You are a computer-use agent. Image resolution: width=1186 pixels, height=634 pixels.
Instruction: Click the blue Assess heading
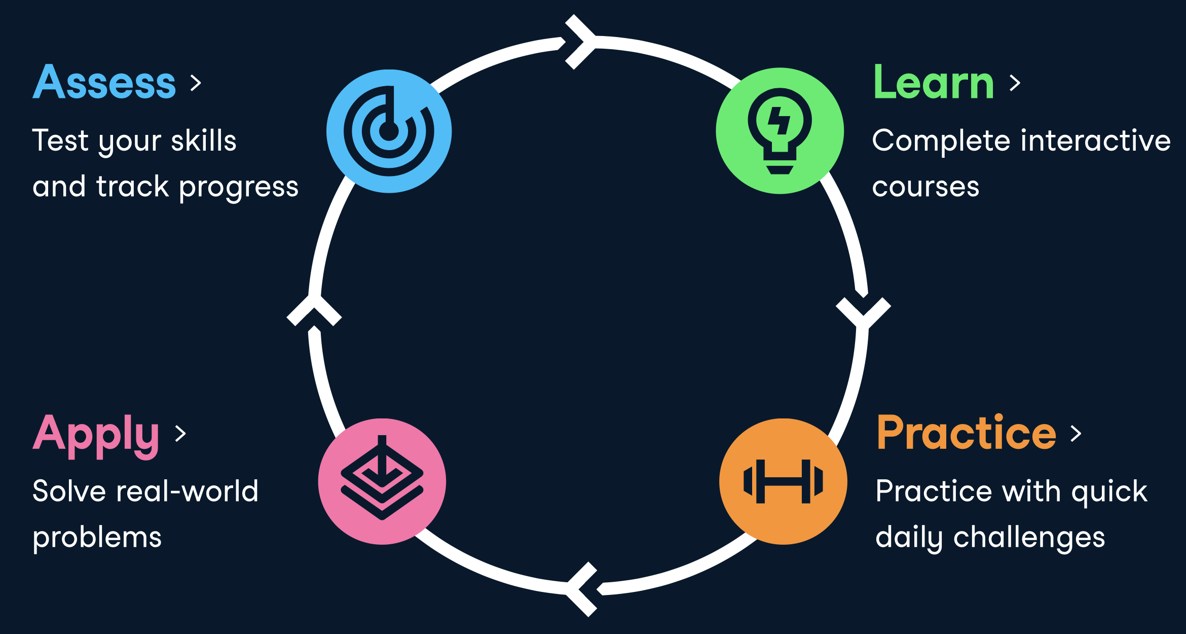point(104,82)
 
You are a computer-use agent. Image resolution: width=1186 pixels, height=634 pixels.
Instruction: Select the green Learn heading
point(933,82)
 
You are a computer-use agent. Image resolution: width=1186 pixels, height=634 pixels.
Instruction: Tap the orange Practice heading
point(966,433)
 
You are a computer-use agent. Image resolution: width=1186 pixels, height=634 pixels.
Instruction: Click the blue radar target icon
point(389,131)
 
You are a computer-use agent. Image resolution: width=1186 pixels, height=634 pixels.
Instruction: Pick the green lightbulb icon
point(780,131)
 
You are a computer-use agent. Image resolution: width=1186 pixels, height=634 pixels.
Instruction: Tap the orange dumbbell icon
point(783,481)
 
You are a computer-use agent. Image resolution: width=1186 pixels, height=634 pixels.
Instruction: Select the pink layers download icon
point(382,481)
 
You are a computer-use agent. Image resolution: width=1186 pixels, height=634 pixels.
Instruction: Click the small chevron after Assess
point(196,83)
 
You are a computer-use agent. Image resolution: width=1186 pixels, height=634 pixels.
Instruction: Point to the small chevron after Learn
point(1015,83)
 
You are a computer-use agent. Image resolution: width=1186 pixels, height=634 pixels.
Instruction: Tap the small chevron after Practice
point(1076,433)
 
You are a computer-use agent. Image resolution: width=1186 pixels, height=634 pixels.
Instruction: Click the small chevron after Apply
point(180,434)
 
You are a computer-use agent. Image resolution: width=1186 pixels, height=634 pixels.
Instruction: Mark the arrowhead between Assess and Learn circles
point(581,42)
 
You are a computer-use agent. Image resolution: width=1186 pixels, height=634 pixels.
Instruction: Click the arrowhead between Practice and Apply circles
point(582,589)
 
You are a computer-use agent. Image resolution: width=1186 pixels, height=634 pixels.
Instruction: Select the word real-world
point(187,491)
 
